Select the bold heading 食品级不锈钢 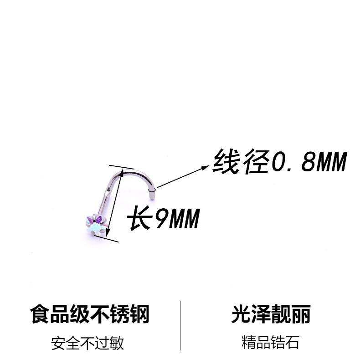point(90,315)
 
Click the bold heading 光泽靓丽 point(271,315)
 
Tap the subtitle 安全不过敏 point(87,343)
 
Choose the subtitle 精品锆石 point(271,343)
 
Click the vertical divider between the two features point(180,325)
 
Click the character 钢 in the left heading point(139,315)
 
